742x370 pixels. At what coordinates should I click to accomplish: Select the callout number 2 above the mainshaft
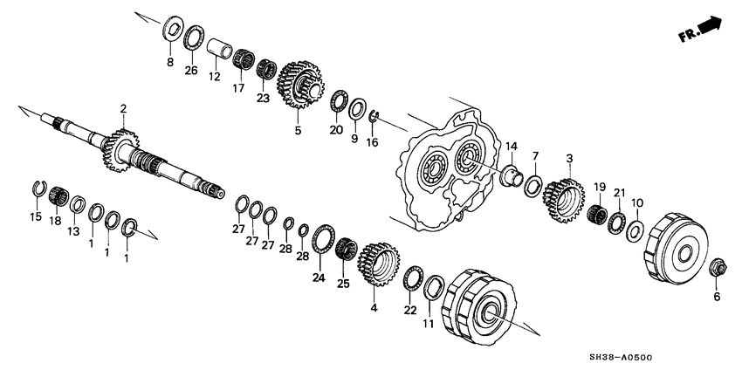click(x=123, y=109)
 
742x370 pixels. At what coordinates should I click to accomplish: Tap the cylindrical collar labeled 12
click(x=220, y=45)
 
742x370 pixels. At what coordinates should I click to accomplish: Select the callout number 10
click(x=637, y=202)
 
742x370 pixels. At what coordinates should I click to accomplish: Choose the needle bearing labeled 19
click(x=597, y=214)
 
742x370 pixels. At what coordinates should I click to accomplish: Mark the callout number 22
click(x=409, y=311)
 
